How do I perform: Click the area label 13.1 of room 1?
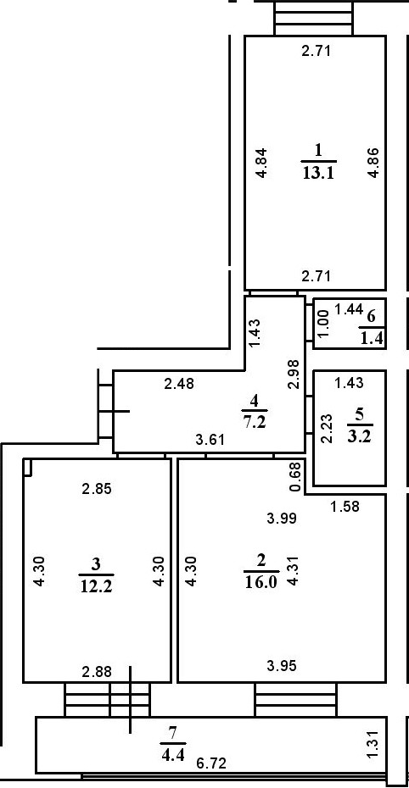[x=319, y=173]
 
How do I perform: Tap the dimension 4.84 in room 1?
[x=261, y=163]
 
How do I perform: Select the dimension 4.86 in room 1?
[x=373, y=163]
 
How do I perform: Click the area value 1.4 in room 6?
[x=372, y=340]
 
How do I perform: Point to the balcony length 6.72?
[x=211, y=763]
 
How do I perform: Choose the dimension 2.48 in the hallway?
[x=178, y=384]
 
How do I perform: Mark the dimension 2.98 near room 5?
[x=296, y=374]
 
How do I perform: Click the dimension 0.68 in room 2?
[x=296, y=477]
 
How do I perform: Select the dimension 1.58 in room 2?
[x=345, y=507]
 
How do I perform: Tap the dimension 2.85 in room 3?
[x=97, y=489]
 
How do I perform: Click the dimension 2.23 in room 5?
[x=327, y=428]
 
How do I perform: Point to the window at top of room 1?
[x=313, y=19]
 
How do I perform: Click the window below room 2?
[x=295, y=700]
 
